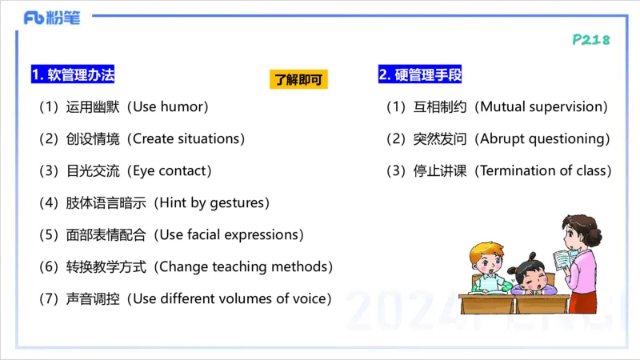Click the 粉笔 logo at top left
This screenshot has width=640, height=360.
pyautogui.click(x=52, y=18)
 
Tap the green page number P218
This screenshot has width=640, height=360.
pyautogui.click(x=591, y=40)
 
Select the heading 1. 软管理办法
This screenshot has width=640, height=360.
pyautogui.click(x=73, y=75)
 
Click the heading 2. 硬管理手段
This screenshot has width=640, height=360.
pyautogui.click(x=420, y=75)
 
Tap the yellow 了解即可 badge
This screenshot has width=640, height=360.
pyautogui.click(x=298, y=80)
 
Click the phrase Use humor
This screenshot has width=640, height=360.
pyautogui.click(x=170, y=106)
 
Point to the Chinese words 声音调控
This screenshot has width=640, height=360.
pyautogui.click(x=93, y=298)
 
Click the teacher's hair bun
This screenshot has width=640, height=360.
pyautogui.click(x=594, y=237)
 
